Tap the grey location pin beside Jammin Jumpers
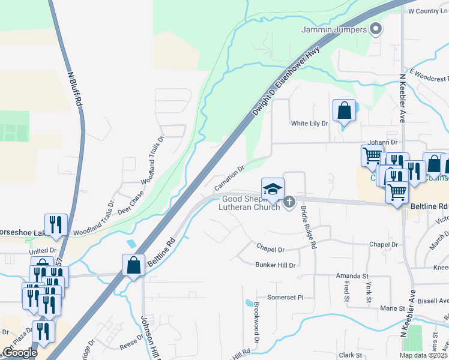(x=376, y=28)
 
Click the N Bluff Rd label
(x=75, y=89)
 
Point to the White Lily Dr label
(x=310, y=124)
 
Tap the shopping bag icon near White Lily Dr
(x=344, y=111)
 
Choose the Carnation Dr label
(x=228, y=173)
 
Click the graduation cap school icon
(x=272, y=189)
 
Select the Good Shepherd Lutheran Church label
(x=251, y=203)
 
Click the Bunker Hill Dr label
(x=276, y=265)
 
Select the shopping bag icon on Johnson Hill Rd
(x=133, y=265)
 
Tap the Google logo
(x=19, y=353)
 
